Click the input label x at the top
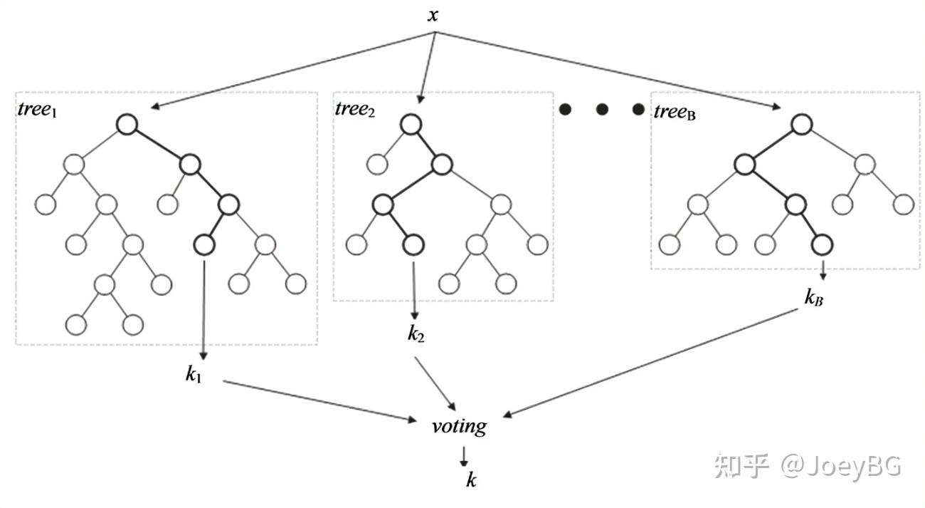(x=433, y=15)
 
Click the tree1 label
(x=37, y=110)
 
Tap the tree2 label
(x=355, y=109)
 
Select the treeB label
(x=675, y=112)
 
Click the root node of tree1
(x=127, y=124)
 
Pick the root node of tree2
(x=411, y=124)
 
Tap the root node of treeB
(x=802, y=124)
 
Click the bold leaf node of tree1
(x=204, y=244)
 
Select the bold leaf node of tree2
(x=413, y=244)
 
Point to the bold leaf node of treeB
(x=822, y=244)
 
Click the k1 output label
(x=194, y=375)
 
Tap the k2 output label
(x=416, y=333)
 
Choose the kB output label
(x=813, y=297)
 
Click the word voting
(x=459, y=427)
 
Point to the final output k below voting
(x=471, y=480)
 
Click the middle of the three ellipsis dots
(x=602, y=110)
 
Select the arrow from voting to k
(x=464, y=457)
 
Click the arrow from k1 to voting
(x=320, y=400)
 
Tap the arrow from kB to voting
(x=650, y=363)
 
